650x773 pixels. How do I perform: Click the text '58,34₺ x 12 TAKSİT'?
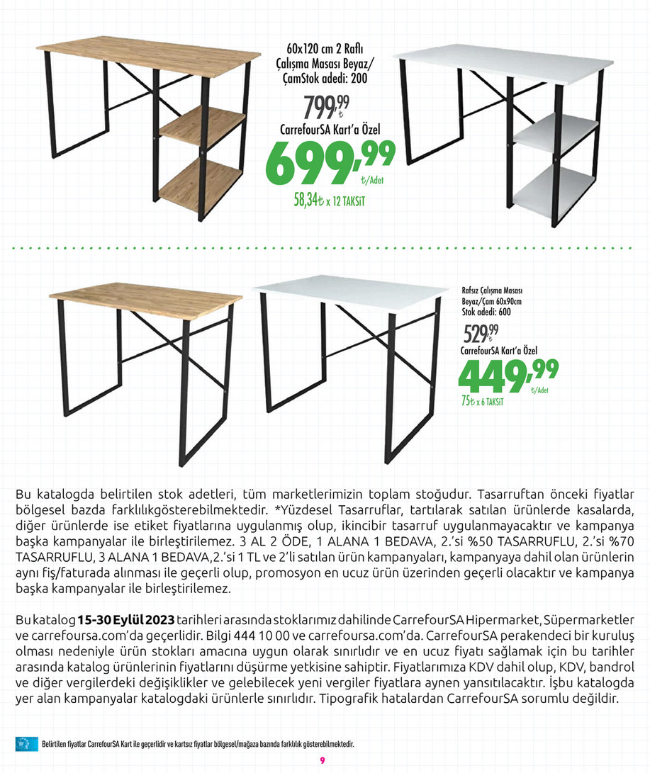point(324,201)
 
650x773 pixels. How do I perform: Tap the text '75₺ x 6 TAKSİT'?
point(482,402)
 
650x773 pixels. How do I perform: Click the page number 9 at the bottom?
point(322,760)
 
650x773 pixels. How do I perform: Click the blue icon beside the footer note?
point(24,744)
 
